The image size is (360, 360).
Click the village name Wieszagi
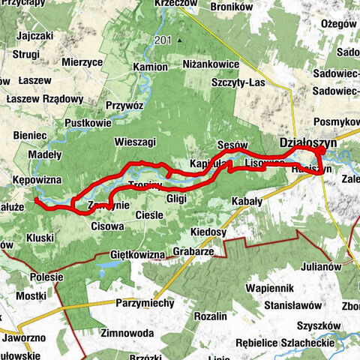[135, 141]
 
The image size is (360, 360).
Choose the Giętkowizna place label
[137, 255]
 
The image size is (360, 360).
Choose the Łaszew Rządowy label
[43, 99]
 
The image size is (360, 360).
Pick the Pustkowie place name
[88, 122]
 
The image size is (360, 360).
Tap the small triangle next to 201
[180, 40]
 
